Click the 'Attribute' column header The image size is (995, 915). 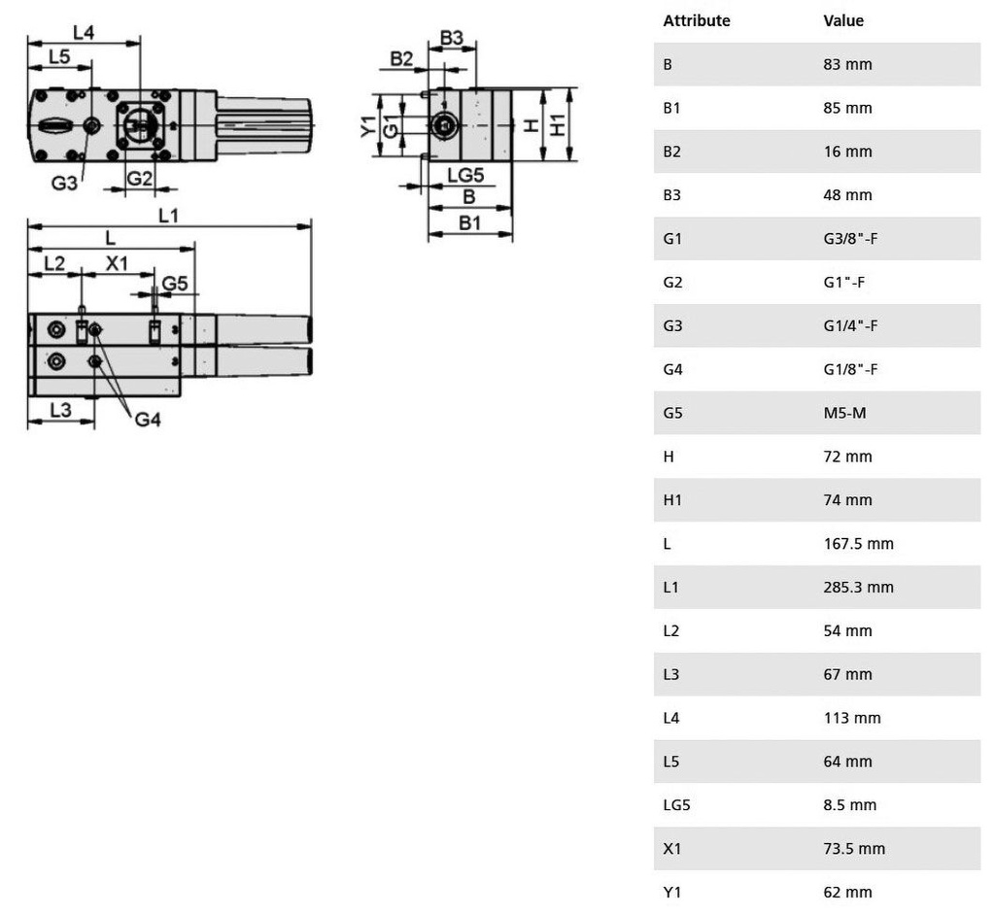[x=696, y=20]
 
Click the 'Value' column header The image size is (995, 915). [x=842, y=20]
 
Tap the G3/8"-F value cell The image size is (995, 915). [x=850, y=238]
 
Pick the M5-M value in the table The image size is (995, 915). [x=844, y=413]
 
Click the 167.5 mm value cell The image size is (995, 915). [x=858, y=543]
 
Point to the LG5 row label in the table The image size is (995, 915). [x=676, y=804]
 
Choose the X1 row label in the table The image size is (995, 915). [x=672, y=848]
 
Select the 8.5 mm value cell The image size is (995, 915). [x=849, y=804]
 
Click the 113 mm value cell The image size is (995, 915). [x=852, y=718]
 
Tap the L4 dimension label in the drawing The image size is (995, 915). [x=84, y=32]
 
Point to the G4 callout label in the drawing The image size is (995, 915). [x=148, y=420]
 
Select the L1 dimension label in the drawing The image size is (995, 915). [x=168, y=215]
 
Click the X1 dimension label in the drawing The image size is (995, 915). [x=117, y=263]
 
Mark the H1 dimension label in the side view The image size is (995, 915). [x=557, y=124]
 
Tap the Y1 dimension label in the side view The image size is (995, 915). [x=367, y=125]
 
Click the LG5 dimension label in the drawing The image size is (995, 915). [x=464, y=175]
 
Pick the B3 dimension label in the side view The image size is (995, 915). [x=452, y=38]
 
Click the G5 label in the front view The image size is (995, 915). [x=175, y=283]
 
